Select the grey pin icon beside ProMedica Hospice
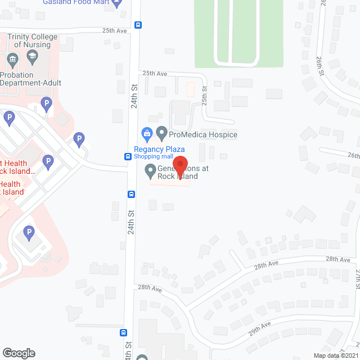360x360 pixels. [162, 134]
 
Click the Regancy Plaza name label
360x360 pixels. [159, 149]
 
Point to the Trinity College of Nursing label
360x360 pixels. [33, 40]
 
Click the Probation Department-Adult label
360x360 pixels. [30, 79]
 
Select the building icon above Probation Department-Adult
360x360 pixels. [12, 59]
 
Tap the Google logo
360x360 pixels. [19, 353]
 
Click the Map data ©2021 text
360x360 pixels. [335, 355]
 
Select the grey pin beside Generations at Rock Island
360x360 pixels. [150, 169]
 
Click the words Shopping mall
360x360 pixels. [159, 157]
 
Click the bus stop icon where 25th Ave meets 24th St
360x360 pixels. [138, 25]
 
